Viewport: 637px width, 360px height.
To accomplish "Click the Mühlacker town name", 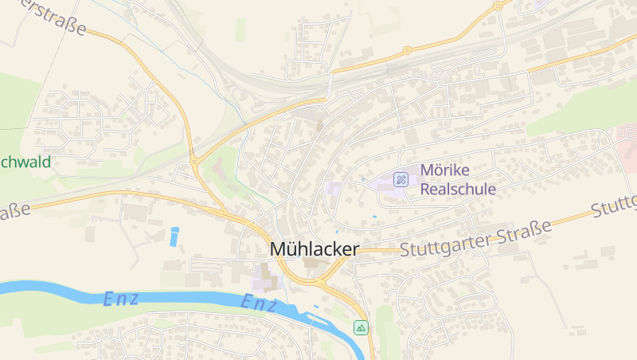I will [315, 248].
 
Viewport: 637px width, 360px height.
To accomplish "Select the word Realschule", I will [458, 190].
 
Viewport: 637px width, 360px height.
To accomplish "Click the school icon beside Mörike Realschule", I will [402, 179].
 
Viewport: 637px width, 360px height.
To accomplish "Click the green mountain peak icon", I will [361, 327].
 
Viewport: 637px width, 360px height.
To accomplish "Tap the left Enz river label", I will [121, 299].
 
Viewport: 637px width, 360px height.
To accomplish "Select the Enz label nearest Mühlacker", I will [260, 303].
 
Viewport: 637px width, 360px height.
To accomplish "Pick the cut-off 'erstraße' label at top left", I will [44, 17].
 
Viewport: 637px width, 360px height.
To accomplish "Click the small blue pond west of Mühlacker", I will [174, 236].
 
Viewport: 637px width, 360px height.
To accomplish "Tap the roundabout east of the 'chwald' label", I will [194, 162].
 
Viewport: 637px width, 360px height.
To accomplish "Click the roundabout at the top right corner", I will [498, 6].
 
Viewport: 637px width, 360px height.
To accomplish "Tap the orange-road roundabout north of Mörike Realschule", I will [407, 50].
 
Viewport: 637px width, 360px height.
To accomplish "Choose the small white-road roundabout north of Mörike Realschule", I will [440, 84].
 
